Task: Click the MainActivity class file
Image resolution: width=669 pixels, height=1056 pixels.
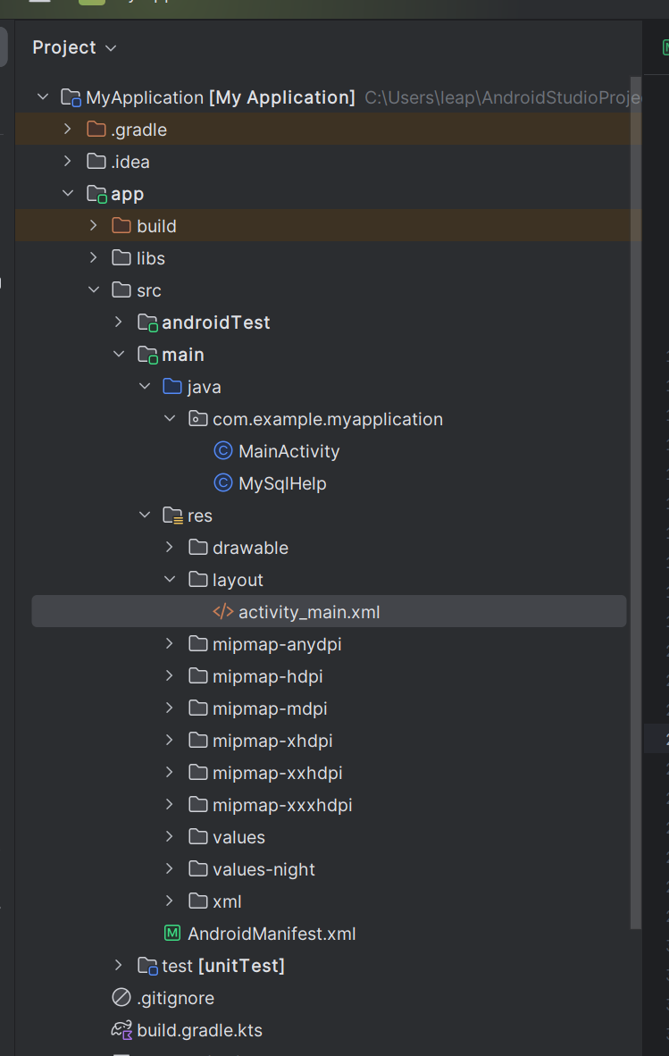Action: tap(289, 451)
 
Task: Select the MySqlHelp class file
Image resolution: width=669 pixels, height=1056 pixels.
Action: tap(282, 483)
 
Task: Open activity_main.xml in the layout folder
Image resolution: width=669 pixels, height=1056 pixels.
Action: tap(308, 612)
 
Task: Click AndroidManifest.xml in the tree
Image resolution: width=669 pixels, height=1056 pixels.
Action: tap(271, 934)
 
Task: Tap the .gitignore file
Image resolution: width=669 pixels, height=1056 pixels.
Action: tap(175, 998)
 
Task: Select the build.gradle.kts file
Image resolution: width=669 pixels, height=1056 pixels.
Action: tap(199, 1030)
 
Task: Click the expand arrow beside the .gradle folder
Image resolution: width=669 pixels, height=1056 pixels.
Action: tap(67, 130)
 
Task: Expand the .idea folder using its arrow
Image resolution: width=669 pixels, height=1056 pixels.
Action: tap(67, 162)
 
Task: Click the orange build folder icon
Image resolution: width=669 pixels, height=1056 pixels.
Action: tap(121, 226)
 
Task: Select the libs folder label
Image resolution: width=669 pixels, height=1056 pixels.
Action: tap(151, 258)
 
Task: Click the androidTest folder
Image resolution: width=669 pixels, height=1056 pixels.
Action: tap(215, 323)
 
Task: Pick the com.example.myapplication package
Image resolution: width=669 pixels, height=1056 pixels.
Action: tap(327, 419)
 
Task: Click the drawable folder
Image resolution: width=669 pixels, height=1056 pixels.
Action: tap(250, 548)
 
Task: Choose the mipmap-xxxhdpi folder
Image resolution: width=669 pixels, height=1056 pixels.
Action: tap(282, 805)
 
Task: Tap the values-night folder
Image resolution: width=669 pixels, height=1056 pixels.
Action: tap(263, 869)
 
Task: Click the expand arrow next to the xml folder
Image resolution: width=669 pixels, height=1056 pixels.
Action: tap(169, 901)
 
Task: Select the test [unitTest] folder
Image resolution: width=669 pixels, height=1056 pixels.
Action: tap(222, 966)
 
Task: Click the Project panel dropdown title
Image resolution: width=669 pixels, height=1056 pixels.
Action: tap(74, 47)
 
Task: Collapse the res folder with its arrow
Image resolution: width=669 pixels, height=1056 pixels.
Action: tap(144, 515)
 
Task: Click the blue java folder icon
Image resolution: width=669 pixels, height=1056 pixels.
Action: tap(172, 387)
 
